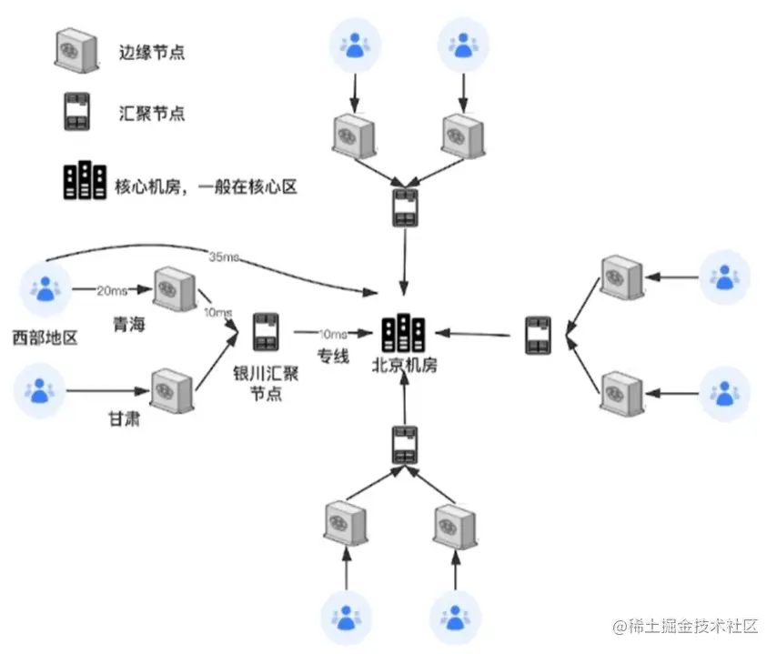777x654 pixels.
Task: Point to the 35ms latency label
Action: coord(223,257)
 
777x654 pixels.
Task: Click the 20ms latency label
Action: coord(111,290)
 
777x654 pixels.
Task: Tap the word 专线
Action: coord(333,356)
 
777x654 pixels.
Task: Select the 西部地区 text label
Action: coord(45,338)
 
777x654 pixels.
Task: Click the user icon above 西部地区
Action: coord(44,288)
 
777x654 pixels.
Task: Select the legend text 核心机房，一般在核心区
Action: coord(207,186)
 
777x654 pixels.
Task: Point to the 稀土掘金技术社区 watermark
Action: coord(684,627)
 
